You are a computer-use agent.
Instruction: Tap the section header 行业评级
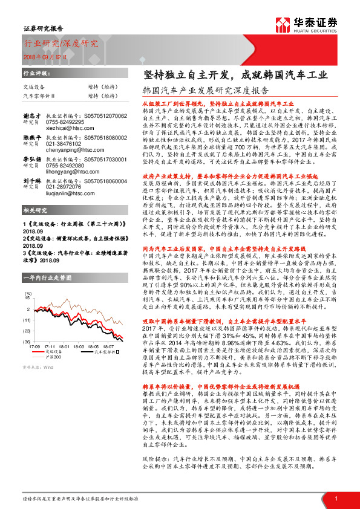click(36, 73)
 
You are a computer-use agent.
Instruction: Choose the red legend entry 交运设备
click(54, 351)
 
